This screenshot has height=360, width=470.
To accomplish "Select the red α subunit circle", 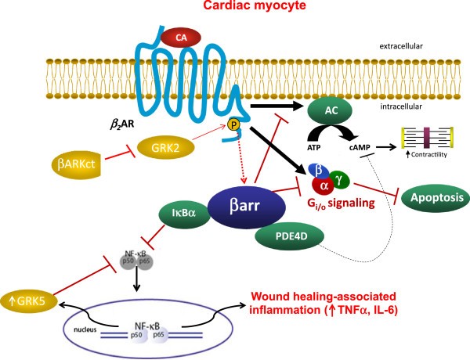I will (325, 186).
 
